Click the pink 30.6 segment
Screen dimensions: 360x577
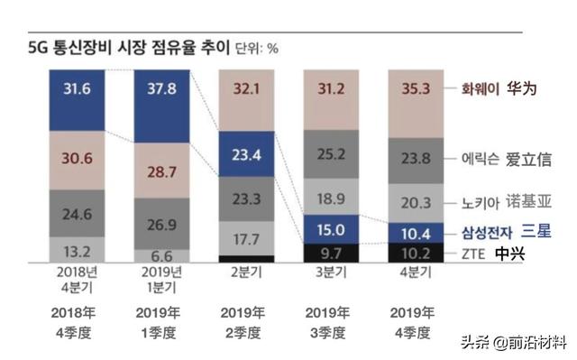(78, 156)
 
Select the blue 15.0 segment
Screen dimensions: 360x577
(330, 228)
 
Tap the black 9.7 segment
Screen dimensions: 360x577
(330, 252)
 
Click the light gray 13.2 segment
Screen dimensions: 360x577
(78, 250)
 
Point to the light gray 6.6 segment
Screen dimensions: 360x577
(162, 255)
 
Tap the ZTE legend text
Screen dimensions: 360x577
(473, 254)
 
